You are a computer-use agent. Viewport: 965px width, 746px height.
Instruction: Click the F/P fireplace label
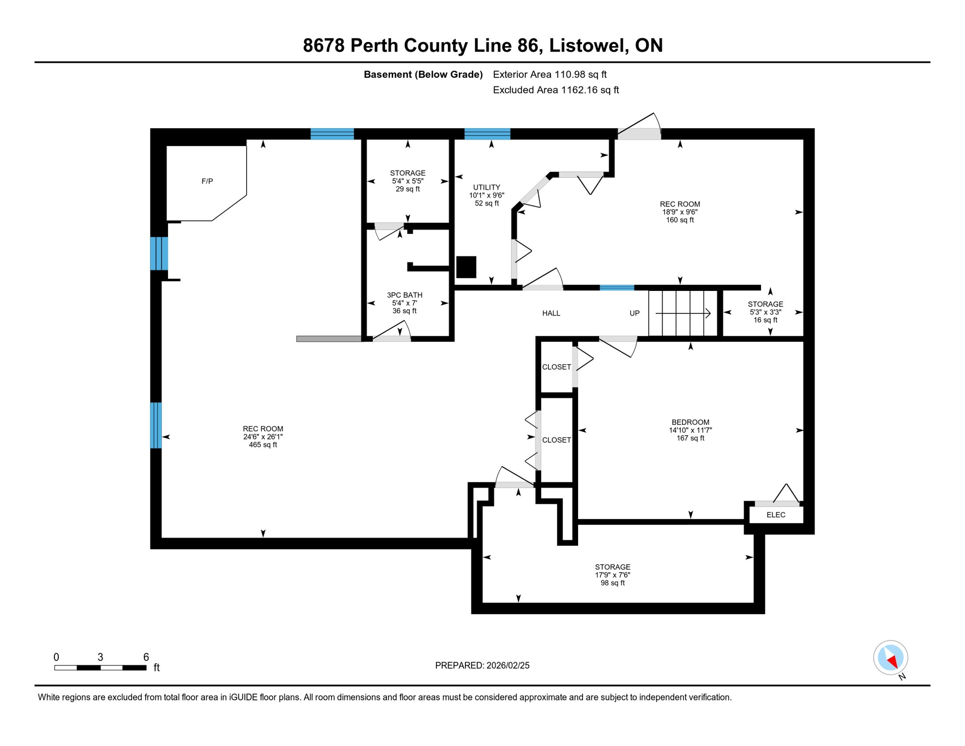[x=207, y=181]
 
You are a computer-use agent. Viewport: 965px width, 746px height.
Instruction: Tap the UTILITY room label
[x=486, y=187]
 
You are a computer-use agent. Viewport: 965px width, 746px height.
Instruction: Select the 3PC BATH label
[x=404, y=295]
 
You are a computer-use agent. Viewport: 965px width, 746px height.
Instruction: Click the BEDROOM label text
[x=690, y=422]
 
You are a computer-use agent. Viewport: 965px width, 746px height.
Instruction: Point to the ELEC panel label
[x=776, y=515]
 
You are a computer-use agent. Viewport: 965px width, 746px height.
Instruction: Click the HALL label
[x=551, y=313]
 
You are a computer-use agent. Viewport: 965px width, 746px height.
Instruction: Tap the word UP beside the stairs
[x=634, y=313]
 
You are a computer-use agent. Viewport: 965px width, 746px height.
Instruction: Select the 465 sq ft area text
[x=263, y=444]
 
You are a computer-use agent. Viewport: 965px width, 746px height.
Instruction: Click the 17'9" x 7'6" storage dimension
[x=613, y=575]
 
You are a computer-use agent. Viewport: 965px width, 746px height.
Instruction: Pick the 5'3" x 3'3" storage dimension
[x=765, y=312]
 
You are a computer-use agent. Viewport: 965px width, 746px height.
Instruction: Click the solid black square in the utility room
[x=466, y=267]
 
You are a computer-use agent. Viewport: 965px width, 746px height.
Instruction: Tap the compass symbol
[x=890, y=658]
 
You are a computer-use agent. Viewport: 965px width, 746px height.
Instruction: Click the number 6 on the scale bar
[x=146, y=657]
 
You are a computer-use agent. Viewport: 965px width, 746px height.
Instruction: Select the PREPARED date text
[x=482, y=665]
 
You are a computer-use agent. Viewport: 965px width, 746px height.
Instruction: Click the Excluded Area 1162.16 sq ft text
[x=555, y=90]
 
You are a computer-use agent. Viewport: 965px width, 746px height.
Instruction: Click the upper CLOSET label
[x=556, y=367]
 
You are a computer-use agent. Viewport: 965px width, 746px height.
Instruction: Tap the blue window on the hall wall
[x=617, y=288]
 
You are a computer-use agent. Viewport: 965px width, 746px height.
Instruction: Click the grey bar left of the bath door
[x=329, y=339]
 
